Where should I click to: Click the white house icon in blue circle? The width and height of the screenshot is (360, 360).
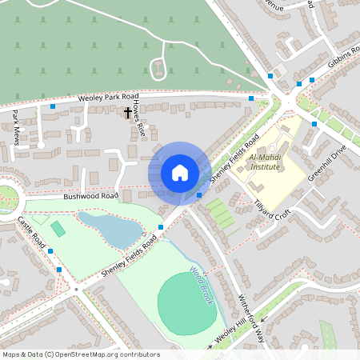[x=180, y=173]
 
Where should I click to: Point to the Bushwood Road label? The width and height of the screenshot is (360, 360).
[x=90, y=196]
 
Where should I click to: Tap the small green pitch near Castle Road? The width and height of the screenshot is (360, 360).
[x=58, y=229]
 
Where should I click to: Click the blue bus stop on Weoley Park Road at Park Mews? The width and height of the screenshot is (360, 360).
[x=53, y=106]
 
